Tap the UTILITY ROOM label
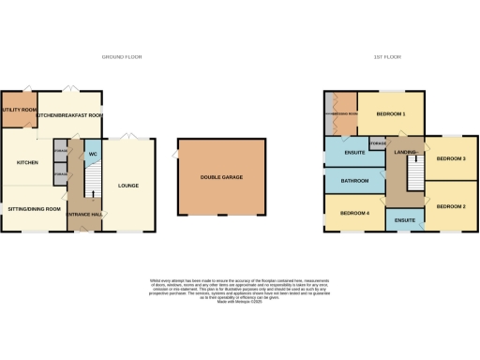coord(18,110)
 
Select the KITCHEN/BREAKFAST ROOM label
coord(70,115)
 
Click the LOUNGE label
coord(128,185)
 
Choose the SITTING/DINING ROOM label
coord(34,208)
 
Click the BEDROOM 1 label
coord(391,113)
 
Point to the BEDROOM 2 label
coord(452,205)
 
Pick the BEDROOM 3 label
coord(452,158)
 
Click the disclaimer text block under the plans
coord(239,285)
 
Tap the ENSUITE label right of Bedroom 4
coord(405,219)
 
